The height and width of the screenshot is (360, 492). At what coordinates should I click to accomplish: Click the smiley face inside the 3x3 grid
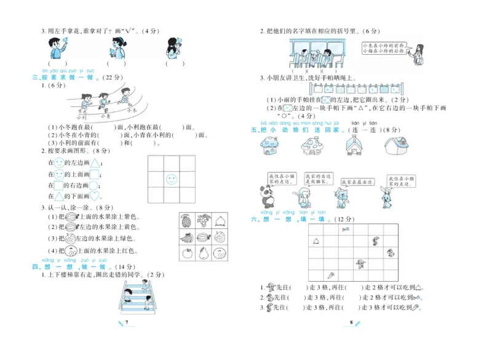(x=172, y=180)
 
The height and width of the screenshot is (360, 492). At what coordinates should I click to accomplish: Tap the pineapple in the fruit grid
(x=186, y=220)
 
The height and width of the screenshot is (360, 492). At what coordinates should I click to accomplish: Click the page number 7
(x=125, y=322)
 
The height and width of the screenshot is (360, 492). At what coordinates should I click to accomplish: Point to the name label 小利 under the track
(x=82, y=116)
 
